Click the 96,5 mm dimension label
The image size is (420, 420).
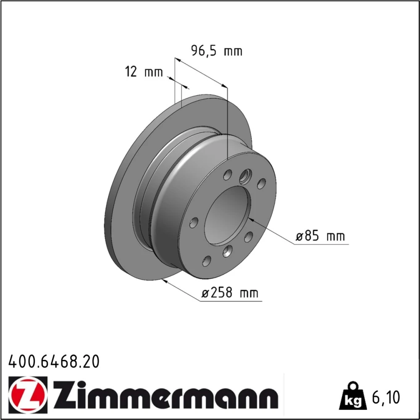pos(217,51)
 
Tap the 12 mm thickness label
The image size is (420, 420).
pos(144,72)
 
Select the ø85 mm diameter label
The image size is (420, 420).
pos(320,236)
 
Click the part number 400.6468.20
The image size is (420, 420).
pos(54,362)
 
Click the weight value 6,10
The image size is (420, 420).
pos(386,397)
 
